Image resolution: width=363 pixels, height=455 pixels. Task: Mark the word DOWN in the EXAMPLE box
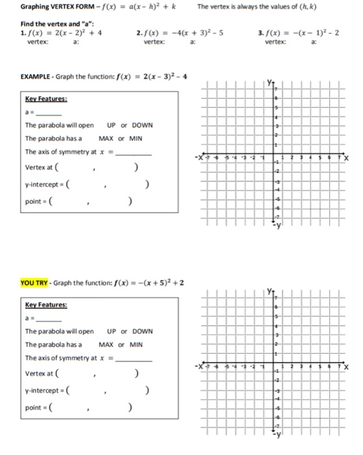coord(142,125)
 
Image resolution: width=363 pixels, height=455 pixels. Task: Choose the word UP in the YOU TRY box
coord(112,331)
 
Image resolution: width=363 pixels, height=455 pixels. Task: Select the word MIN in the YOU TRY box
coord(135,344)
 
